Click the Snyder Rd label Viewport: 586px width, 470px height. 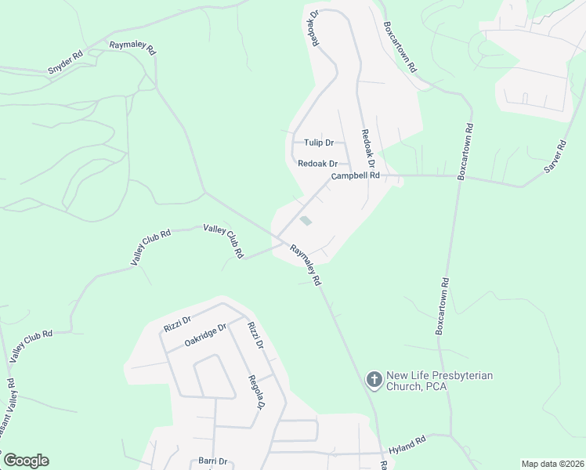(x=65, y=63)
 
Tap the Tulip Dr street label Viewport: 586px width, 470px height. (x=319, y=143)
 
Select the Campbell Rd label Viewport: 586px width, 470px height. (x=355, y=176)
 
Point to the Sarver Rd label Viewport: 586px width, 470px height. (x=555, y=157)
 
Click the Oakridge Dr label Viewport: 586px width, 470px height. (x=205, y=332)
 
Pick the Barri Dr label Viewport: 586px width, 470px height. (x=212, y=461)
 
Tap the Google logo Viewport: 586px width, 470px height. (x=26, y=461)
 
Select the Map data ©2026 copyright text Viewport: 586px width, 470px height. (x=552, y=464)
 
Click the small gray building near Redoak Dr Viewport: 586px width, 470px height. (x=306, y=221)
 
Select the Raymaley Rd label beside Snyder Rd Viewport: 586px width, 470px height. (x=133, y=48)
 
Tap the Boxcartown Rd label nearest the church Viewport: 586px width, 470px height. (x=443, y=306)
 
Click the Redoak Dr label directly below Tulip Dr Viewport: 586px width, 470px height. (x=317, y=164)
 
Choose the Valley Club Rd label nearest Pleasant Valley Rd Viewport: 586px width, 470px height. (x=31, y=345)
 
